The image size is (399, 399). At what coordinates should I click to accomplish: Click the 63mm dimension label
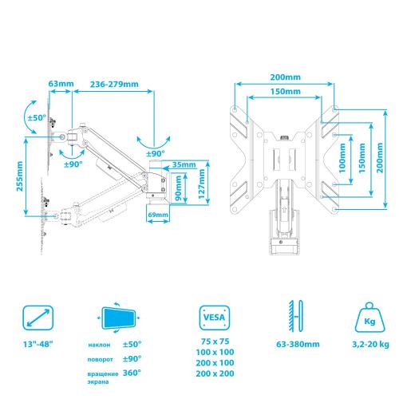[x=61, y=84]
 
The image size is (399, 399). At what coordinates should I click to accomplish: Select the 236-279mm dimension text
[x=114, y=84]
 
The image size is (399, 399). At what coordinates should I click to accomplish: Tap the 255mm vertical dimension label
[x=20, y=176]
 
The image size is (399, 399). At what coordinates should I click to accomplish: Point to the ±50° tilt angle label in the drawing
[x=37, y=117]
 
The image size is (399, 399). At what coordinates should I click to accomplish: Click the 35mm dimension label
[x=184, y=164]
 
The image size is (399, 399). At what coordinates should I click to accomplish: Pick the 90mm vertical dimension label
[x=178, y=188]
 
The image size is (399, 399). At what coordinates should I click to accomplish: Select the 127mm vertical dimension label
[x=202, y=184]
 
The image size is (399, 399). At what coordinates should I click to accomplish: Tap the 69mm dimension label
[x=158, y=215]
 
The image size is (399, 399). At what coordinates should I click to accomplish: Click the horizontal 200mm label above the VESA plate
[x=285, y=77]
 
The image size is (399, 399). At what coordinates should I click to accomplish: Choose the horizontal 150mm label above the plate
[x=285, y=92]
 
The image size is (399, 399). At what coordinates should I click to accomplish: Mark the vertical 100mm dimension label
[x=342, y=158]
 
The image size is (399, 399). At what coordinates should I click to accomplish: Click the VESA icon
[x=215, y=318]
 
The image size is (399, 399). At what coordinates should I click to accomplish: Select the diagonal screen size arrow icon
[x=38, y=318]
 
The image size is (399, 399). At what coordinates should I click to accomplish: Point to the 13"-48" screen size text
[x=38, y=344]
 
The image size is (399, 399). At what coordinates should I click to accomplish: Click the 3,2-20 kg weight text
[x=370, y=344]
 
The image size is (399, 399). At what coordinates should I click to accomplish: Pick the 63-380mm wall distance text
[x=298, y=344]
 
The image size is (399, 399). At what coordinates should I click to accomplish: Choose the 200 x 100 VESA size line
[x=215, y=363]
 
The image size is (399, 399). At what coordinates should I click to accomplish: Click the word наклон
[x=99, y=345]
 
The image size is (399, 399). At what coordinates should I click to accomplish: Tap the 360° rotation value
[x=132, y=373]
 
